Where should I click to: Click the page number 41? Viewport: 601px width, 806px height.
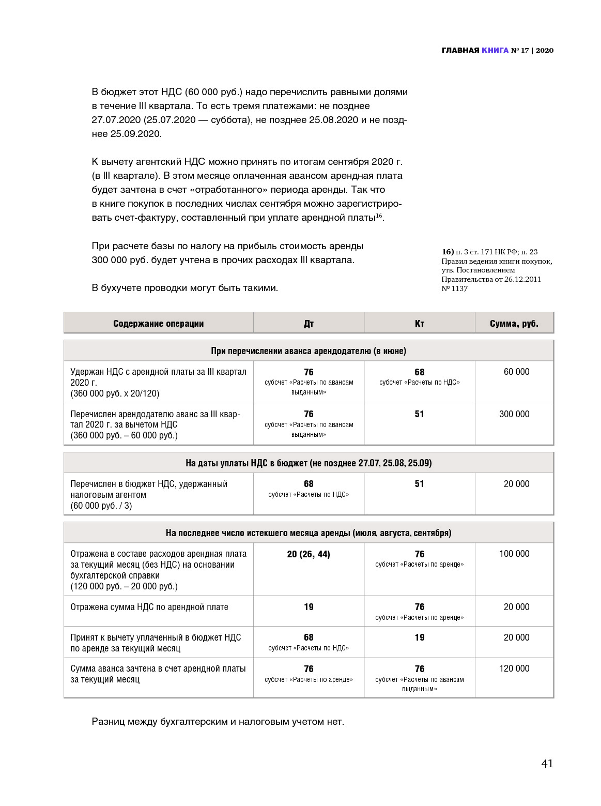click(547, 764)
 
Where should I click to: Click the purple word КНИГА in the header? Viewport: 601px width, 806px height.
click(495, 50)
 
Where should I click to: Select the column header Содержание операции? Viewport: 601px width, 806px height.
click(158, 324)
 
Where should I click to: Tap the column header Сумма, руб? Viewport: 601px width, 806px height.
click(514, 324)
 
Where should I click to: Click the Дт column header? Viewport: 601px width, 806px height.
click(309, 324)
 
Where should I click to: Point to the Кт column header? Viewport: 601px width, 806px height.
click(419, 324)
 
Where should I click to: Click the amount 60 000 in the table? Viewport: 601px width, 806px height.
click(516, 372)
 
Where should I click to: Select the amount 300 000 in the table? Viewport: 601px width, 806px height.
click(514, 414)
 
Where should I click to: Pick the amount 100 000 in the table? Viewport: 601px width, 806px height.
click(514, 554)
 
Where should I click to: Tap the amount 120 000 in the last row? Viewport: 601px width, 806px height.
click(514, 668)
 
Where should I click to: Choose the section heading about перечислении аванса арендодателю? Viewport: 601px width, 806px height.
click(309, 351)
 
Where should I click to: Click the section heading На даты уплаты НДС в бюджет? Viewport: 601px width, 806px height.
click(309, 463)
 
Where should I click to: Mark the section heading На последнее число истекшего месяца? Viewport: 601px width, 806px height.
click(309, 533)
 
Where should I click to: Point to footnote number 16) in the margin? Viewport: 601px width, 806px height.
click(448, 252)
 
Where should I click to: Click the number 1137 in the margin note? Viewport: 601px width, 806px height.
click(459, 288)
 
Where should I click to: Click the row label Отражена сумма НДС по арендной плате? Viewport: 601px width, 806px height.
click(149, 607)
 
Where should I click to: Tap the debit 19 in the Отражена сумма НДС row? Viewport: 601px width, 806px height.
click(309, 607)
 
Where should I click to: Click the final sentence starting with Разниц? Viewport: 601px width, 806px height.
click(218, 721)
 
